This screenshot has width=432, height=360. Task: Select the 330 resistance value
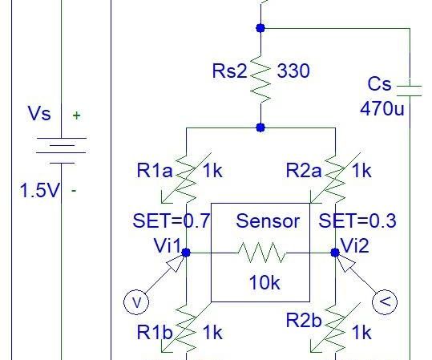[293, 71]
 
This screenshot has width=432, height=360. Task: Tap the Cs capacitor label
[380, 84]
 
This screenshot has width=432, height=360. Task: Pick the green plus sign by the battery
[77, 115]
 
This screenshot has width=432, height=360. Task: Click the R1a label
[155, 170]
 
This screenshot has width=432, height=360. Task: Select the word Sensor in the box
[268, 220]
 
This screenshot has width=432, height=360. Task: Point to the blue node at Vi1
[186, 252]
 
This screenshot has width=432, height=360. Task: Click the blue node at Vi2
[335, 252]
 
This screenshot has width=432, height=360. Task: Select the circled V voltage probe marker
[136, 302]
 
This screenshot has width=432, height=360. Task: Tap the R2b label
[305, 322]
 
